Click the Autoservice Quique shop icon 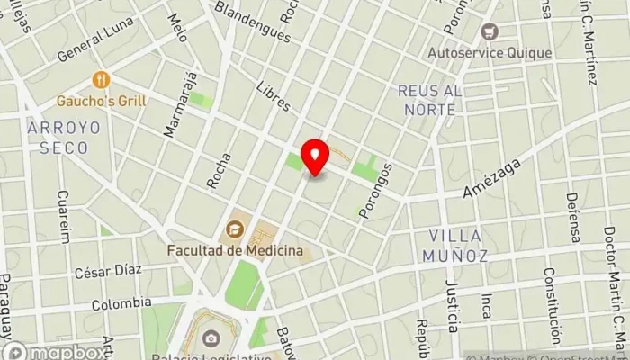490,32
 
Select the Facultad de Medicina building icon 236,227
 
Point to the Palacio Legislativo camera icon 211,338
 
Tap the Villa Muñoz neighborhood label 454,246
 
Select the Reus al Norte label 430,99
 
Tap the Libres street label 273,97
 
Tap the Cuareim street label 64,216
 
